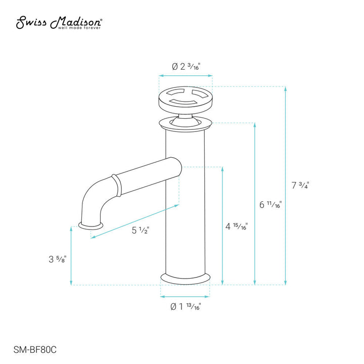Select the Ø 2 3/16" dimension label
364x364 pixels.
coord(186,67)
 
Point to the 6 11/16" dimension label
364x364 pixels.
coord(270,205)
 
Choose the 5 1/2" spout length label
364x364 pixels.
coord(141,231)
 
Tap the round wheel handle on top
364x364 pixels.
coord(186,97)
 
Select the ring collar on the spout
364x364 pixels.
coord(117,185)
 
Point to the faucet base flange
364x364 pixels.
coord(185,278)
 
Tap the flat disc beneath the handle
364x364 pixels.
coord(185,122)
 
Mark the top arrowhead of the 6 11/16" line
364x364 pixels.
coord(255,125)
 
